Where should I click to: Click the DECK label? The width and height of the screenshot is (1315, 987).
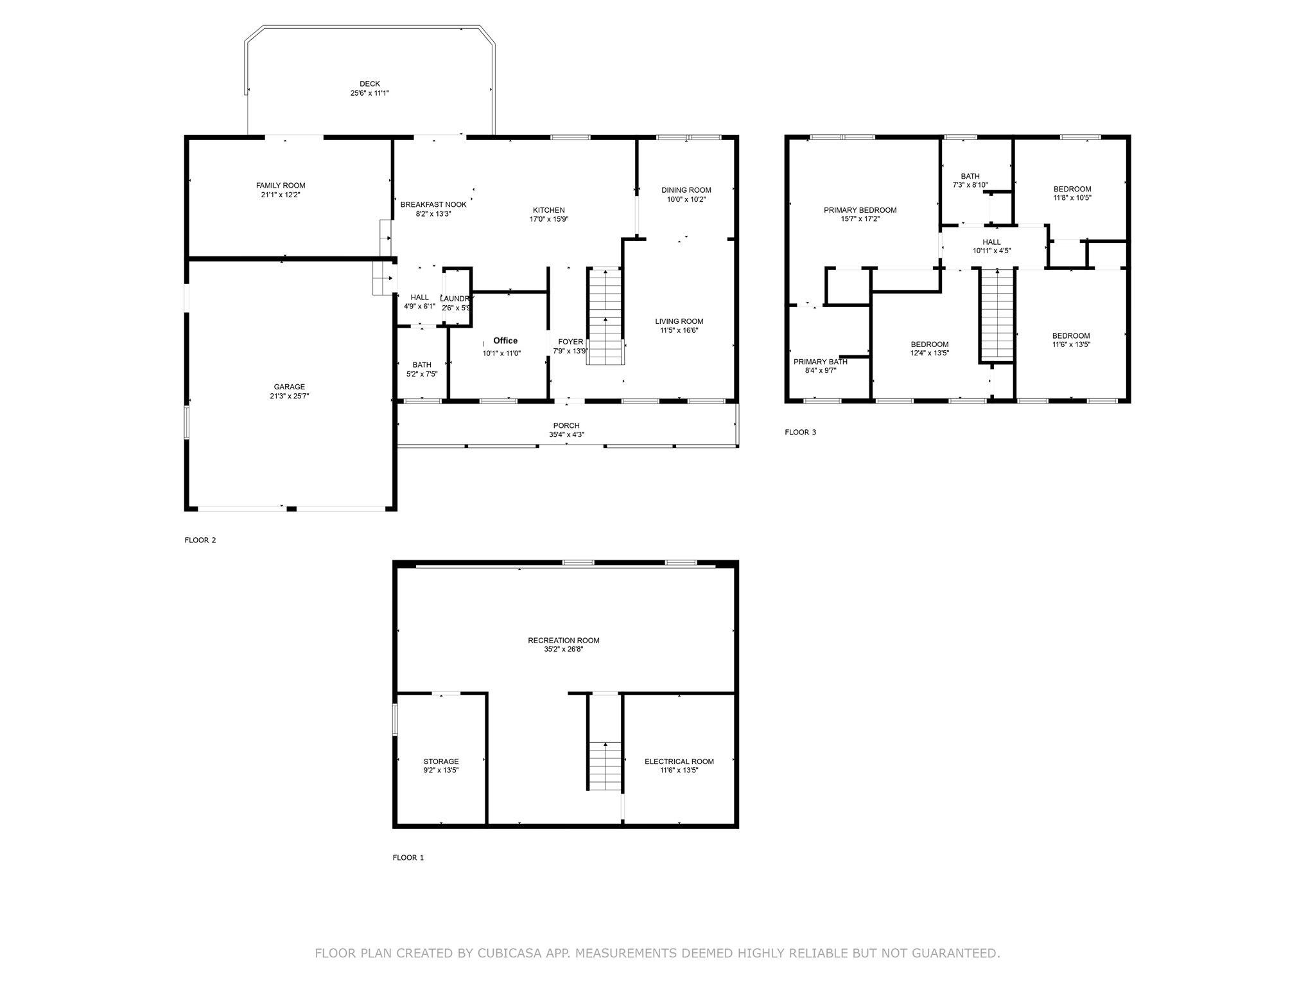pos(369,84)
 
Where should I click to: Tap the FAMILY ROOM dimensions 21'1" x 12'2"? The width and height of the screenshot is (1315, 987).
pos(281,195)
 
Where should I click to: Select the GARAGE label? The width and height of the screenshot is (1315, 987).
pos(289,387)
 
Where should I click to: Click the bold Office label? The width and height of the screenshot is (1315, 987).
pos(505,341)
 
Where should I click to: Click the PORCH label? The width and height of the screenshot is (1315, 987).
pos(566,425)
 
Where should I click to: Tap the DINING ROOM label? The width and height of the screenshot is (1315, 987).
pos(686,190)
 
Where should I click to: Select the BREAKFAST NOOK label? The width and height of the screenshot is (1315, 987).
pos(433,205)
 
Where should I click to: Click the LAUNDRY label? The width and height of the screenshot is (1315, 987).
pos(457,299)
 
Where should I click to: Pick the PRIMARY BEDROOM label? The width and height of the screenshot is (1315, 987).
pos(860,210)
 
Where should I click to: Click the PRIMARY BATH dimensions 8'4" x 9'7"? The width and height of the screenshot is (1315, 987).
pos(820,371)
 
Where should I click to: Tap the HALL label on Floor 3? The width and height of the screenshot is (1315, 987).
pos(991,242)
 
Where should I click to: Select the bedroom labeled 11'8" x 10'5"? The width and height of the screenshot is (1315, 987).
pos(1072,189)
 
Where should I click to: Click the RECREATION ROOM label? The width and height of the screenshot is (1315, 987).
pos(563,641)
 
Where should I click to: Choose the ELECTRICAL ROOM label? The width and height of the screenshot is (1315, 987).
pos(679,761)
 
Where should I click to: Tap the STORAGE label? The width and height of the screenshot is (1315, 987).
pos(440,761)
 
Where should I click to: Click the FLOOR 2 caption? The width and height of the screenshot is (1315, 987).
pos(200,540)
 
